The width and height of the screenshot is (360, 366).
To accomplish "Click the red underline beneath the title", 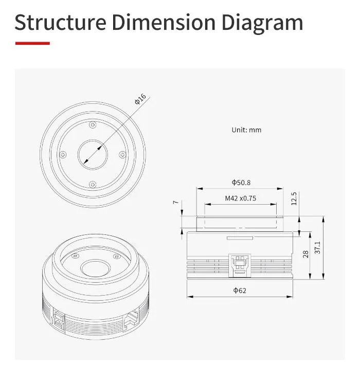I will [32, 43].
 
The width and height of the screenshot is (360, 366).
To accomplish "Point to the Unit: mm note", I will [246, 130].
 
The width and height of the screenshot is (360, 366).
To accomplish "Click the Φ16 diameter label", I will [140, 99].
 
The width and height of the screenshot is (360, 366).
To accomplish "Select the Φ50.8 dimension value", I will [241, 182].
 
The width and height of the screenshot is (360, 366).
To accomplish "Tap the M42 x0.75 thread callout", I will [240, 198].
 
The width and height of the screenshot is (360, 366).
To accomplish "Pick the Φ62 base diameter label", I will [240, 290].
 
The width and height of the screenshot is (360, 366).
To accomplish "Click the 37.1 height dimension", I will [318, 248].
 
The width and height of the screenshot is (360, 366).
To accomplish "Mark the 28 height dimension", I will [306, 254].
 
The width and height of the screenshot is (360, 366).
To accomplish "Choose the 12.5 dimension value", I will [294, 198].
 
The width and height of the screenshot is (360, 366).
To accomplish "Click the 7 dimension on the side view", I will [175, 203].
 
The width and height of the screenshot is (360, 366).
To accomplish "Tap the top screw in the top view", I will [92, 124].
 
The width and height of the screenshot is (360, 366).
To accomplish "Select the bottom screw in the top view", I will [92, 184].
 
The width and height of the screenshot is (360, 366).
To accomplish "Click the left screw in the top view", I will [63, 154].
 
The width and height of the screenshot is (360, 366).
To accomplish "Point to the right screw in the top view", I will [122, 154].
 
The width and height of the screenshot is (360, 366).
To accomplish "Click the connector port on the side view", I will [239, 263].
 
